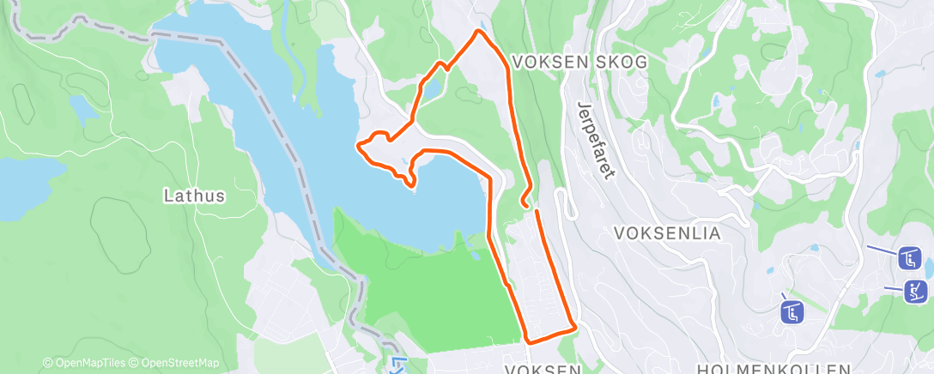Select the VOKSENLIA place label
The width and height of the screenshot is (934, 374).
[667, 232]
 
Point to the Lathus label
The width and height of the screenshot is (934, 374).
[194, 196]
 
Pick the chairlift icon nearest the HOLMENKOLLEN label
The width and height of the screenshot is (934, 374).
[791, 311]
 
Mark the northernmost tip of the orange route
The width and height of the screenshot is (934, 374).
[478, 32]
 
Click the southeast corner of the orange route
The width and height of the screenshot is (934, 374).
[573, 327]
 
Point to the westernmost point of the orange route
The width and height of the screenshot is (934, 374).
[358, 147]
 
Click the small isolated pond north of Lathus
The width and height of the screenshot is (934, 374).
[83, 108]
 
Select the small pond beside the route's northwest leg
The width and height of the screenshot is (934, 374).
[432, 87]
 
